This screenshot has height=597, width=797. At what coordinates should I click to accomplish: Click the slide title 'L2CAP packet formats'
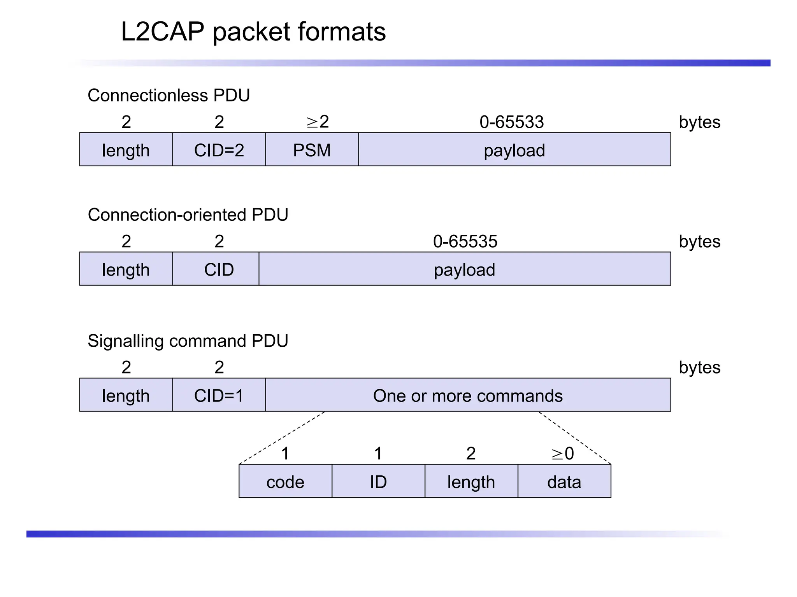point(253,32)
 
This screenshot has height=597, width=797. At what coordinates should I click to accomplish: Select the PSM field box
point(312,150)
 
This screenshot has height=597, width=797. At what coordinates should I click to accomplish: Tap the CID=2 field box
point(219,150)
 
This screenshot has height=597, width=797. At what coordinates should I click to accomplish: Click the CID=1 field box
point(219,395)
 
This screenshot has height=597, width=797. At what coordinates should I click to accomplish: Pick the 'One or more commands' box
point(468,395)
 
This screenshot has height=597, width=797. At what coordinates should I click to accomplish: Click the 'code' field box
point(285,481)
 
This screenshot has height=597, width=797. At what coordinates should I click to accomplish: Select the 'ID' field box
point(378,481)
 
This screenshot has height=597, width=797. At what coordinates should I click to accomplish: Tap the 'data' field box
point(564,481)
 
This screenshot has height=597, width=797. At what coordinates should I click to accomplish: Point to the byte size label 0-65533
point(511,122)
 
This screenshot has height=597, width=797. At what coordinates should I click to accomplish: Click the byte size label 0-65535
point(465,241)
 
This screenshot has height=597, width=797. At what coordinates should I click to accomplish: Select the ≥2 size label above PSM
point(318,122)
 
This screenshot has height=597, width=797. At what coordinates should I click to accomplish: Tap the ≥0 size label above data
point(563,454)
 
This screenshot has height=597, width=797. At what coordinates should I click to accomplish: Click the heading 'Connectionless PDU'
point(169,95)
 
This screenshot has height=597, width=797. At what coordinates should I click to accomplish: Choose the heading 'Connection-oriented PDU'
point(188,215)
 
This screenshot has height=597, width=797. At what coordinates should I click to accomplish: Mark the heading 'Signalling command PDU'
point(188,341)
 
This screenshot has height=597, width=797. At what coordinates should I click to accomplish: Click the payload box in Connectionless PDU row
point(514,150)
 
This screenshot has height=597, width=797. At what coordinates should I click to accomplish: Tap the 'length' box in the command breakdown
point(471,481)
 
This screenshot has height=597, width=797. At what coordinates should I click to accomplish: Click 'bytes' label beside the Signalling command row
point(699,367)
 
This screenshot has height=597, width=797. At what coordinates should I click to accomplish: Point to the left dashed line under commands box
point(282,438)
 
